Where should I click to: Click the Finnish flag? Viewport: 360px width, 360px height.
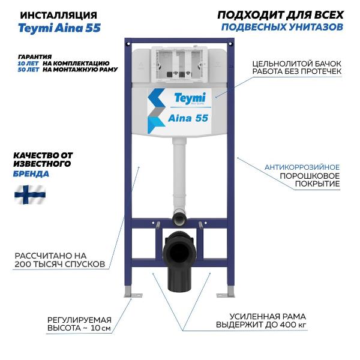[x=30, y=194]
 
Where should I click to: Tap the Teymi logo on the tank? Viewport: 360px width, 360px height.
[x=190, y=98]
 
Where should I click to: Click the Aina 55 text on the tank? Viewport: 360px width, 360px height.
[x=188, y=118]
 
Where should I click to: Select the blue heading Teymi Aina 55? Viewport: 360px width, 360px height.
[x=59, y=28]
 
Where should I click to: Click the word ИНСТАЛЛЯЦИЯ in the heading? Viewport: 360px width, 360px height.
[x=59, y=16]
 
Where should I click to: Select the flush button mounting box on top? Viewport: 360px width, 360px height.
[x=179, y=64]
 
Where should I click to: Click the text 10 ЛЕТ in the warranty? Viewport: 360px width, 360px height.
[x=28, y=64]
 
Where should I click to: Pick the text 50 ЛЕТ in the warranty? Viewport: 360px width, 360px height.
[x=28, y=70]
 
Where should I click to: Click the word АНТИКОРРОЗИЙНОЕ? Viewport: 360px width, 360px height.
[x=302, y=167]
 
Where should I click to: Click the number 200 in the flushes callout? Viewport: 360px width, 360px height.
[x=23, y=264]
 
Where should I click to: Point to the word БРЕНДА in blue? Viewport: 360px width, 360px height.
[x=31, y=174]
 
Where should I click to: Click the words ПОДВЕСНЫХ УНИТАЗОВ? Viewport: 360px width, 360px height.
[x=282, y=28]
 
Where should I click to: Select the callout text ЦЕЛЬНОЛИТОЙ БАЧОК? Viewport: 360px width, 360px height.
[x=297, y=64]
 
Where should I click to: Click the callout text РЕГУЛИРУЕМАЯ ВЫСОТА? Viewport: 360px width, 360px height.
[x=79, y=324]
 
